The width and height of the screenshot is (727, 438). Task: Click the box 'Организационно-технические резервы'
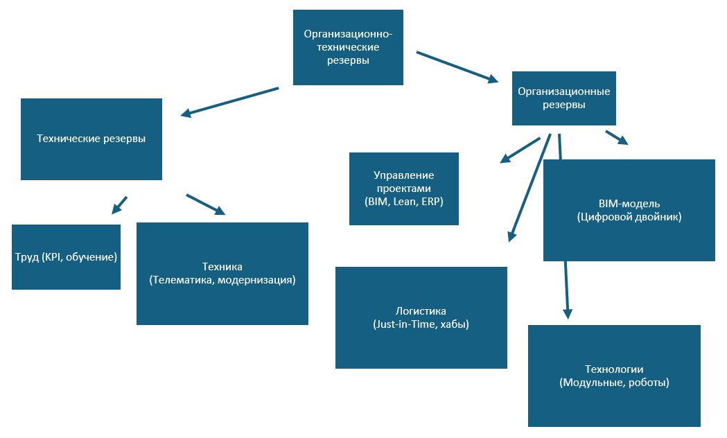tap(348, 47)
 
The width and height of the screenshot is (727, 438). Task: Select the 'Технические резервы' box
tap(91, 139)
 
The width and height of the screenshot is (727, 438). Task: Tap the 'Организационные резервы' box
tap(564, 98)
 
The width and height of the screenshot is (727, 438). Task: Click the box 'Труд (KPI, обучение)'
tap(66, 256)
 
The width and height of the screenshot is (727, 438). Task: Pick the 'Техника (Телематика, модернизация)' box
tap(222, 273)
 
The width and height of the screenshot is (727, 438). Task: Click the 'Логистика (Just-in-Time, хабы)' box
tap(421, 317)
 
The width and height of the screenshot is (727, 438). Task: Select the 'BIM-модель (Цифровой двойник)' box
tap(629, 210)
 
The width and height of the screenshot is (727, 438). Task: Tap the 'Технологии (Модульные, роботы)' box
tap(614, 376)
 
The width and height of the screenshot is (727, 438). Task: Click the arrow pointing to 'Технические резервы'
tap(229, 101)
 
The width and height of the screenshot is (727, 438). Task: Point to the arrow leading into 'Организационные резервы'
tap(457, 67)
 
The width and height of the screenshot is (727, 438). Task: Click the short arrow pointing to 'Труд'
tap(119, 204)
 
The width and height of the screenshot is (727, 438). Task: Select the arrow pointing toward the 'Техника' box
tap(206, 204)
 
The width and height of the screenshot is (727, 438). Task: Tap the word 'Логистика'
tap(421, 310)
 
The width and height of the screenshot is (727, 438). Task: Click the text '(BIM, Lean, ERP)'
tap(403, 202)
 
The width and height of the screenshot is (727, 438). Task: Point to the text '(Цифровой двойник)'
tap(629, 217)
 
